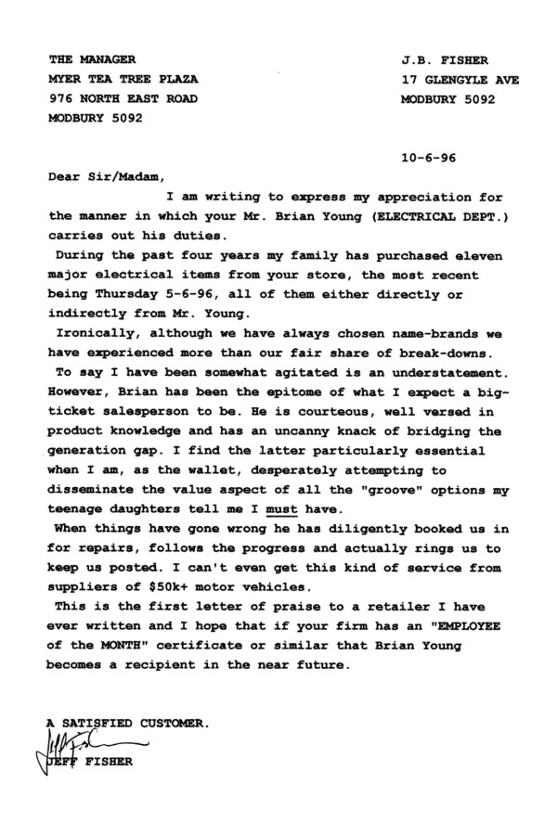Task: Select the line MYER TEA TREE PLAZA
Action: point(123,80)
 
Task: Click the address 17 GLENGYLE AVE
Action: point(460,80)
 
